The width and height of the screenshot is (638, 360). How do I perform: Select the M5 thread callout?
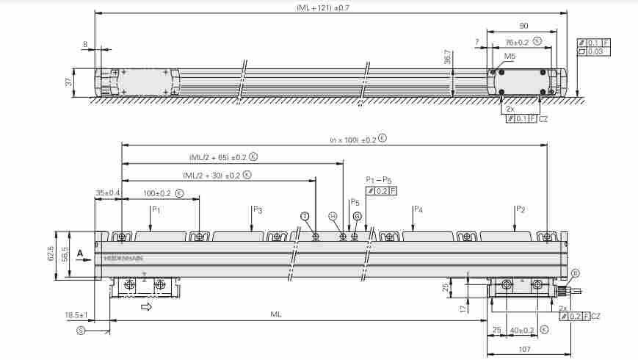pos(510,56)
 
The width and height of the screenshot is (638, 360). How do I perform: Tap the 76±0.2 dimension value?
pos(517,42)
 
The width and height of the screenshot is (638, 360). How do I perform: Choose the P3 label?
pos(257,209)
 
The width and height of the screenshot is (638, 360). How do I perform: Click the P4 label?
pos(418,209)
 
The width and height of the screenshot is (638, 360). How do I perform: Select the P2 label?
pos(520,209)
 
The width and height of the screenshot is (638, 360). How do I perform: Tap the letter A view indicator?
pos(79,252)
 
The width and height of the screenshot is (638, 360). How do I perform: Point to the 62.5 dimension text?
pos(51,253)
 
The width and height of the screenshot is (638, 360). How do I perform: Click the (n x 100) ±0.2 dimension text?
pos(352,139)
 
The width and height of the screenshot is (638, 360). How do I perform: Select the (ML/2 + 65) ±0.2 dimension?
pos(218,157)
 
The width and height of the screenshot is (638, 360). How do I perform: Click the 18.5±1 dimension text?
pos(76,315)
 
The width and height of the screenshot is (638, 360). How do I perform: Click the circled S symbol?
pos(80,331)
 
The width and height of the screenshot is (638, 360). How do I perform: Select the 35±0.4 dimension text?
pos(108,193)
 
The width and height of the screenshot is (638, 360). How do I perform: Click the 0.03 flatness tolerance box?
pos(596,51)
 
